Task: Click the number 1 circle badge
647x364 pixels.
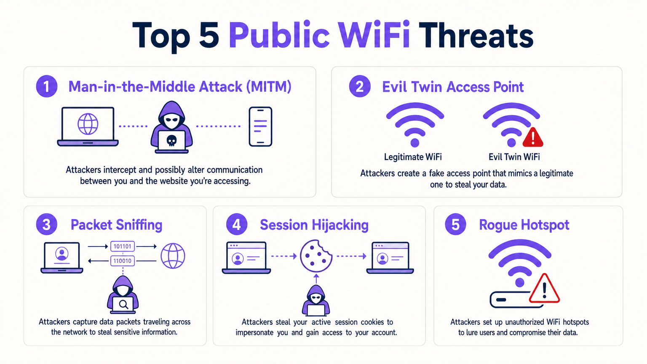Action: tap(47, 86)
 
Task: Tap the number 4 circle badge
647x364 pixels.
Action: tap(237, 225)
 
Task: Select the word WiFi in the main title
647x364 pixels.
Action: tap(374, 35)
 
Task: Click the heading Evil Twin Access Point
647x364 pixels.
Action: tap(453, 87)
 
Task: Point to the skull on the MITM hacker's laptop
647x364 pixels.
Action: tap(171, 140)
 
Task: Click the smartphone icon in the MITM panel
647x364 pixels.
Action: tap(260, 127)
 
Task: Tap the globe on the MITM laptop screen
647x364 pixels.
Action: tap(88, 124)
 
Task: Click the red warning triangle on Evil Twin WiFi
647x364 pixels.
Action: tap(533, 137)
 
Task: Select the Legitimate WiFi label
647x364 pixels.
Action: tap(413, 157)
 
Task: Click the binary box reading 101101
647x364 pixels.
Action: tap(123, 246)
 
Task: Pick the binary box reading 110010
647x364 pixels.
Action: tap(123, 261)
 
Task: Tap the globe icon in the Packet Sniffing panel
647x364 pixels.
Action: tap(173, 256)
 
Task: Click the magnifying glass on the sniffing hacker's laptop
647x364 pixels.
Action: tap(123, 304)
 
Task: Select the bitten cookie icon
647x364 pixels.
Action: tap(316, 256)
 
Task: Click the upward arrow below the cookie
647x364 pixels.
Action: tap(316, 278)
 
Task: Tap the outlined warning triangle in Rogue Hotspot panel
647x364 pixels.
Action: tap(544, 289)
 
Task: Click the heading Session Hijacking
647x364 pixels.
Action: tap(314, 225)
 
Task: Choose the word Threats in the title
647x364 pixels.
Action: tap(476, 35)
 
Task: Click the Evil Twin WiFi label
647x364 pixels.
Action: tap(514, 157)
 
